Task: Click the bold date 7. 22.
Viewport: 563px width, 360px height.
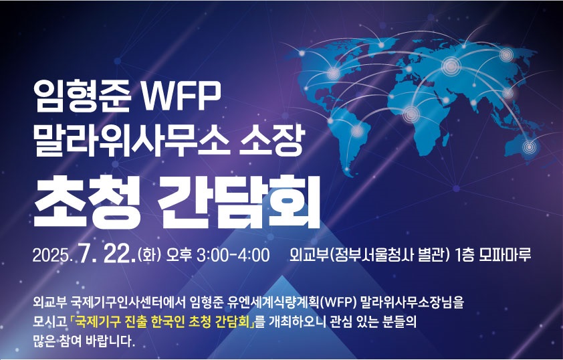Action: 107,254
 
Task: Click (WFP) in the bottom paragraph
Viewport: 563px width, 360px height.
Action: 338,302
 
